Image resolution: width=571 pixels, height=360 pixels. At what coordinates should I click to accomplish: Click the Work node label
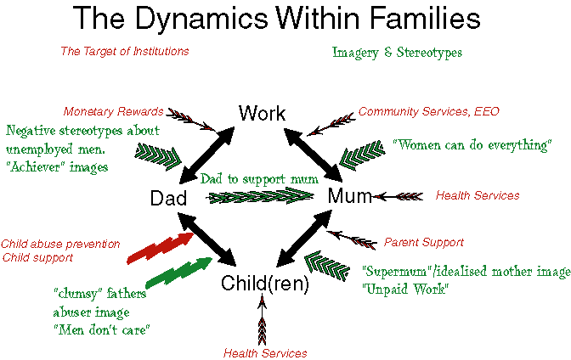[x=262, y=113]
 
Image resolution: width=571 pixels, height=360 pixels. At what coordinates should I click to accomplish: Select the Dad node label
[x=168, y=199]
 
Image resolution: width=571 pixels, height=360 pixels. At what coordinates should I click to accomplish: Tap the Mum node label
[x=349, y=196]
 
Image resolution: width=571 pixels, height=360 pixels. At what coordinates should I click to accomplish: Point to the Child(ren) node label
[x=265, y=284]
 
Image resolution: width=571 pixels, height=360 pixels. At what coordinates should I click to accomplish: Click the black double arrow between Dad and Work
[x=206, y=155]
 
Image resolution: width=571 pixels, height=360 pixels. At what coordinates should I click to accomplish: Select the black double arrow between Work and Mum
[x=313, y=155]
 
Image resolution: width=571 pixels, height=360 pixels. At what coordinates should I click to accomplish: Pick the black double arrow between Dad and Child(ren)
[x=206, y=239]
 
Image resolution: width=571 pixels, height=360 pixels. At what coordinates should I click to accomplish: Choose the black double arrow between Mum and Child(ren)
[x=304, y=239]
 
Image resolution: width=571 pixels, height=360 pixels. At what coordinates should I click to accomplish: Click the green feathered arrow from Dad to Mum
[x=260, y=197]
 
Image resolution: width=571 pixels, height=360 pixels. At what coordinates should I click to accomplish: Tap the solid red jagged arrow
[x=161, y=248]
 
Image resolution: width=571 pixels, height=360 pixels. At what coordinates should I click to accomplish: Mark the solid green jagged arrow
[x=178, y=273]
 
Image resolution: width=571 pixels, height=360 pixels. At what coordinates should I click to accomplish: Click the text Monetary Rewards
[x=113, y=111]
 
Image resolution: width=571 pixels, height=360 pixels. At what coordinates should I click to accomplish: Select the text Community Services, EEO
[x=428, y=111]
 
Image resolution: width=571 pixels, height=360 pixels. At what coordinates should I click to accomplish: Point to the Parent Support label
[x=424, y=243]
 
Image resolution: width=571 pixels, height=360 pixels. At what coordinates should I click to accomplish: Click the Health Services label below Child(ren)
[x=265, y=353]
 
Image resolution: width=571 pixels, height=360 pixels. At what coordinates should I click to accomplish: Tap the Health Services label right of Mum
[x=478, y=195]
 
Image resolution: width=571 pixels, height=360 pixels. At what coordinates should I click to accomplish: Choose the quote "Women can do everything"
[x=472, y=145]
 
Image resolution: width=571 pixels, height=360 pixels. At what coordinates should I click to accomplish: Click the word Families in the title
[x=425, y=18]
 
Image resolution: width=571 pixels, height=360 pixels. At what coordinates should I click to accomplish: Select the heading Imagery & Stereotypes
[x=397, y=53]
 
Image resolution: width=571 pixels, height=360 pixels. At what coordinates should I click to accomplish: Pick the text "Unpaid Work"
[x=405, y=289]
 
